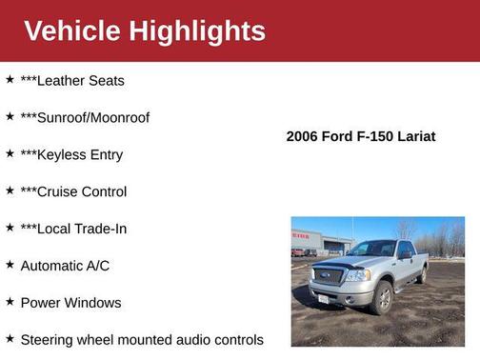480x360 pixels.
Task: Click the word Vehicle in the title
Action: pos(72,31)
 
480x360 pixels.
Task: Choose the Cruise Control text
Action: pos(82,192)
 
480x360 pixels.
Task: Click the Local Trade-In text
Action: pos(82,230)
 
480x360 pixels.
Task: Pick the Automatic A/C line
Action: pos(65,266)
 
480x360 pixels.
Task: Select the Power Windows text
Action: pos(70,303)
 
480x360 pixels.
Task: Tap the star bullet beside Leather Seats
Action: pos(10,80)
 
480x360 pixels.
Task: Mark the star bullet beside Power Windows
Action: pos(10,302)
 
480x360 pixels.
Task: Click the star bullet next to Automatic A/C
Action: pos(10,265)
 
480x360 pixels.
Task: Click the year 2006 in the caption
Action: pos(303,137)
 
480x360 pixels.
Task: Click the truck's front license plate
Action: pos(322,299)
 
